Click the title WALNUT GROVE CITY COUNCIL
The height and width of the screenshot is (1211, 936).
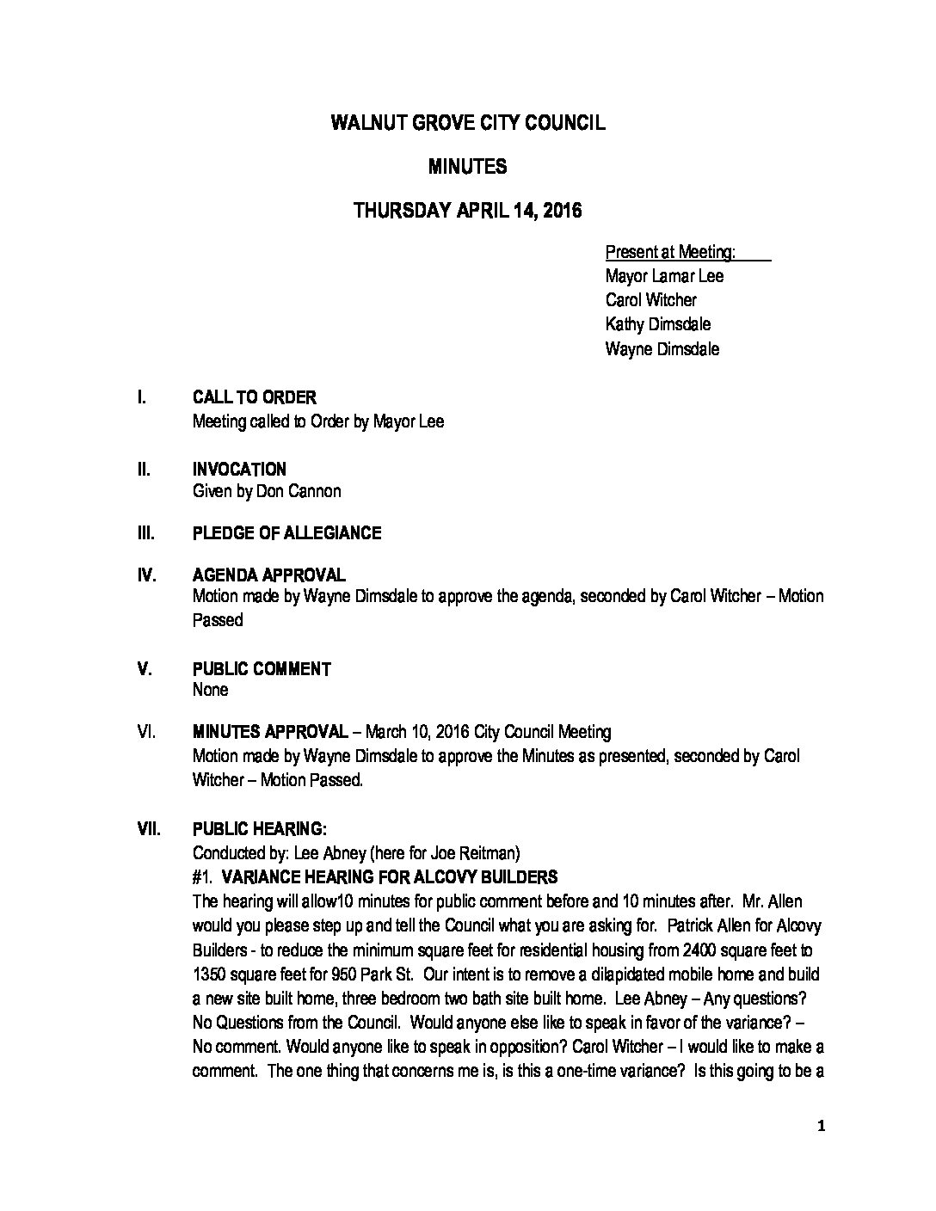[x=468, y=123]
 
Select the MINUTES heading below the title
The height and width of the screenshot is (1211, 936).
[x=468, y=167]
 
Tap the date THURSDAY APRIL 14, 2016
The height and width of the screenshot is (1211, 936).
[x=468, y=211]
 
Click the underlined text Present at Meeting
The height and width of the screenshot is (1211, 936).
[x=670, y=252]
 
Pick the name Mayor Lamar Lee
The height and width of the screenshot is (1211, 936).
[x=664, y=276]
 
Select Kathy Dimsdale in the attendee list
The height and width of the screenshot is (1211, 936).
[x=658, y=324]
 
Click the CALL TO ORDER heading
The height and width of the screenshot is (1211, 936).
[x=254, y=397]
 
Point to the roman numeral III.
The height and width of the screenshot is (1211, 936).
[x=145, y=533]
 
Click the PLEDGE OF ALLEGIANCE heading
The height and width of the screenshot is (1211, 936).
[x=286, y=533]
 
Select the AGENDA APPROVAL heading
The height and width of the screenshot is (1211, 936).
[x=268, y=575]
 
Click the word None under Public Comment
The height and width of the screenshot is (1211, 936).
[x=210, y=690]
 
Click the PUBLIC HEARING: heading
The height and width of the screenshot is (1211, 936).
[x=259, y=829]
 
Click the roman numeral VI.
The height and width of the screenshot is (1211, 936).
[x=146, y=732]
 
